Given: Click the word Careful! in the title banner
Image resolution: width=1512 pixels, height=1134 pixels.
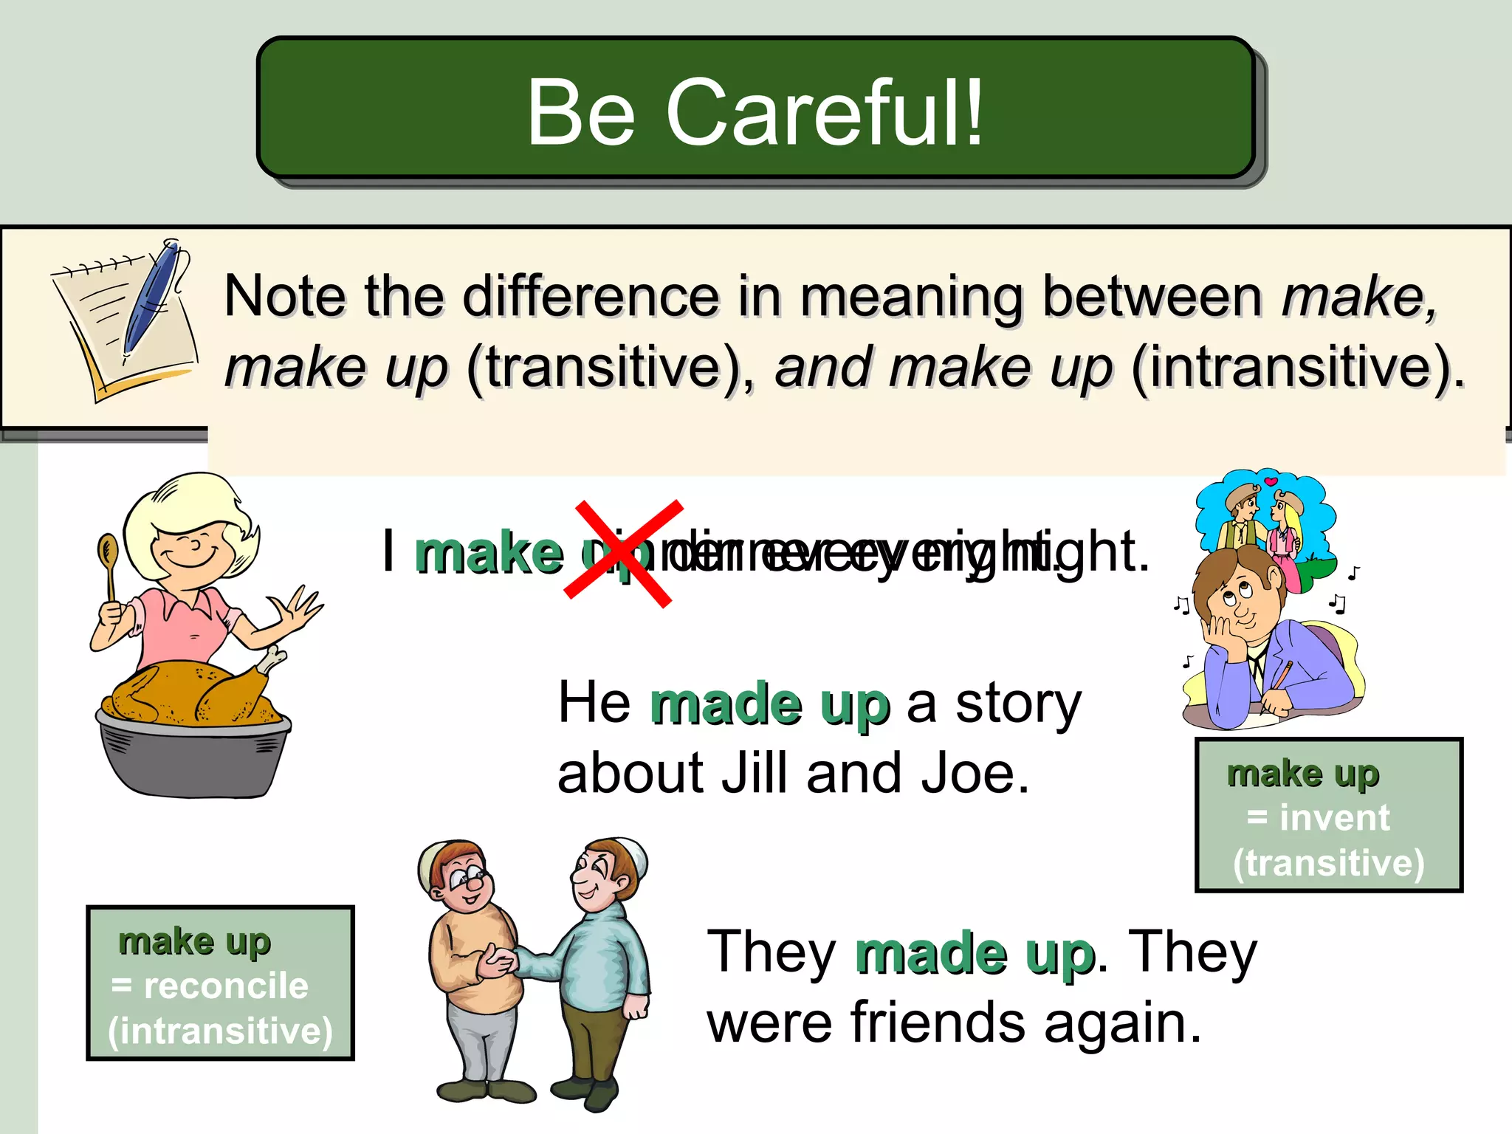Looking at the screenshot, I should point(825,113).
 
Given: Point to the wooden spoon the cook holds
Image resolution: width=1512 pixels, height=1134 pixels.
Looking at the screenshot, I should point(109,561).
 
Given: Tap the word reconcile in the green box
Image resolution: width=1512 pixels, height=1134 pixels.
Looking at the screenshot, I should point(226,986).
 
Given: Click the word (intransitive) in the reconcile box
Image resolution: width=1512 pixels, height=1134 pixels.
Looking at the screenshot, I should point(220,1031).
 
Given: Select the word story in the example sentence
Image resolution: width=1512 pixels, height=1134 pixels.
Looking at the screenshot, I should point(1018,704).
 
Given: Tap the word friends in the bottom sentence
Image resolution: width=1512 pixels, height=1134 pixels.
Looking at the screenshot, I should point(938,1023).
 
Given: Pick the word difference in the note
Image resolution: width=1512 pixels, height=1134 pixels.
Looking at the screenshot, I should point(591,297).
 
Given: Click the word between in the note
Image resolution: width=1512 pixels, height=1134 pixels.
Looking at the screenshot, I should point(1152,297).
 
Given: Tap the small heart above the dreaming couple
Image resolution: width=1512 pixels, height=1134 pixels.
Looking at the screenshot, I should point(1270,482).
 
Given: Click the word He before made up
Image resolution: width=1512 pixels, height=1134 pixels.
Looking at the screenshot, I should point(594,703).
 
